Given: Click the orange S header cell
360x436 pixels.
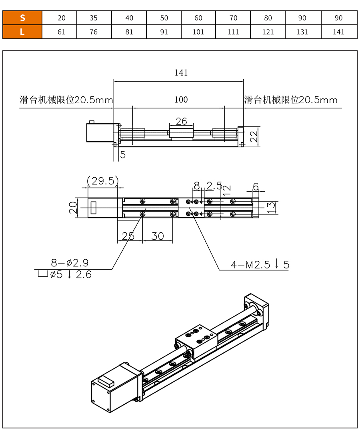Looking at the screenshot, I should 22,18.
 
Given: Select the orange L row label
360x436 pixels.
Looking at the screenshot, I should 22,32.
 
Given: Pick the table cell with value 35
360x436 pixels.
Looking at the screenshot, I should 94,18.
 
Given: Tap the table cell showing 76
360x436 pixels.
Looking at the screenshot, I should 94,32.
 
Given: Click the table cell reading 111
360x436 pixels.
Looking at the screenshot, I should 233,32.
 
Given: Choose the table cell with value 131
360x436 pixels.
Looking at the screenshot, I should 302,32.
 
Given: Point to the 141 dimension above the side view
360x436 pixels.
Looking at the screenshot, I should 181,73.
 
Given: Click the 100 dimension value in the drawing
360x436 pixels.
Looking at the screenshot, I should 181,100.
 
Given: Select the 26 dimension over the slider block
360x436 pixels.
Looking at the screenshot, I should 181,121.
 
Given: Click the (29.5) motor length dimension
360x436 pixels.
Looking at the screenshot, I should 103,181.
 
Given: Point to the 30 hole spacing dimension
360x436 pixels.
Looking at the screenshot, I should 158,236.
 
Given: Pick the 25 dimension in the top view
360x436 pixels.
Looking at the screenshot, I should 128,236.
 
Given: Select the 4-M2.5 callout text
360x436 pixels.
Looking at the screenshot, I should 260,264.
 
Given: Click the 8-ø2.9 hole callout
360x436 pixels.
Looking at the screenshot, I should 70,263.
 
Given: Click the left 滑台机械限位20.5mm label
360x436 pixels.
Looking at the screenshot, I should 66,100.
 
